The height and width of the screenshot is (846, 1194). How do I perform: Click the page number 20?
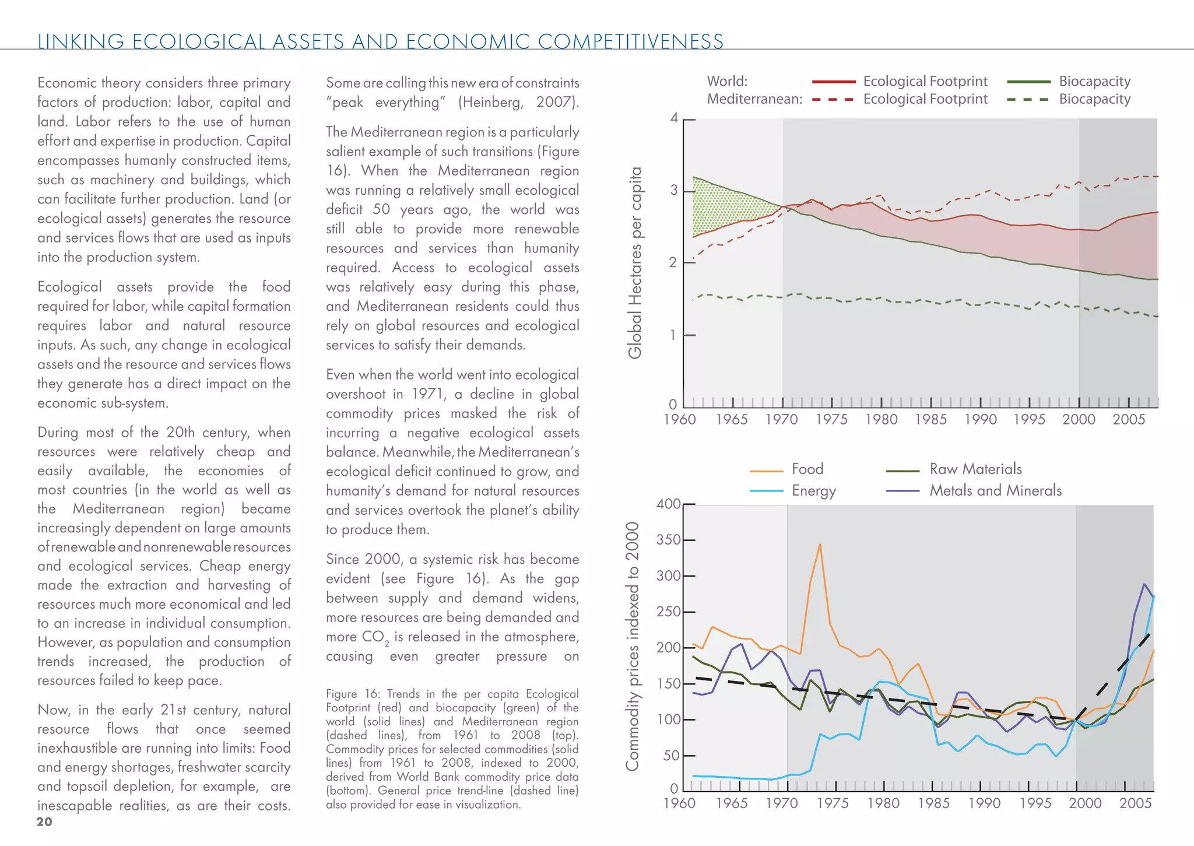44,822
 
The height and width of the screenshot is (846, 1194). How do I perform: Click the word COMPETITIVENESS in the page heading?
631,42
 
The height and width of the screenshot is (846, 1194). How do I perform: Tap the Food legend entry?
807,469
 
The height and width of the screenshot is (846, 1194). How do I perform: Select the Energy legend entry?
813,491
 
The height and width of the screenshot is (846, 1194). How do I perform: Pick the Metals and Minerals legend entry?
995,491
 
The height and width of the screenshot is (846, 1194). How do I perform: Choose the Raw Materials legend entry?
975,469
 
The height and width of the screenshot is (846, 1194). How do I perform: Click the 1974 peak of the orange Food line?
820,545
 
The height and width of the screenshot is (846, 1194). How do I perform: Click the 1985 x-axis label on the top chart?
930,420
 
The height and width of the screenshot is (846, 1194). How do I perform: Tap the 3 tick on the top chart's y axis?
675,191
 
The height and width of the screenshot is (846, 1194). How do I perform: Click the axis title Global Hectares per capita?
635,262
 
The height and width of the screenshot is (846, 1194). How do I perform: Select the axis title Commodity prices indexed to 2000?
633,646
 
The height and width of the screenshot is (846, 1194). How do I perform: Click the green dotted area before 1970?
723,210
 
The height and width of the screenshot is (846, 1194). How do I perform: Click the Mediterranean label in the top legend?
754,99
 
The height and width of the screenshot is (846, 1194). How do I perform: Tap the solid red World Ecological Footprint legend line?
834,82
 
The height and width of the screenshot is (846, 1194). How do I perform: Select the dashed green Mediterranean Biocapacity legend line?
1028,100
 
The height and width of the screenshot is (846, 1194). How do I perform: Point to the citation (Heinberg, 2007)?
518,103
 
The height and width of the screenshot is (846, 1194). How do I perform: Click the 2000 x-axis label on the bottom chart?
1085,803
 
